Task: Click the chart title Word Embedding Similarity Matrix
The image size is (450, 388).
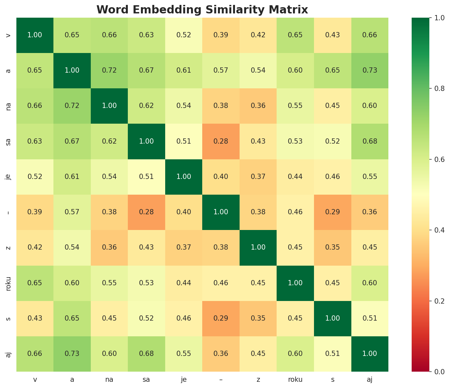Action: click(202, 9)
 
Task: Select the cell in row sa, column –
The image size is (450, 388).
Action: click(221, 141)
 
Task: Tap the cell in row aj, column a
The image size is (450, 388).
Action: click(72, 354)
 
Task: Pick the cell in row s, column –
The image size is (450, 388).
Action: click(221, 318)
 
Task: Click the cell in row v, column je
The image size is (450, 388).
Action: click(184, 35)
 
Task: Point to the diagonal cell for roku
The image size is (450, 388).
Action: click(295, 283)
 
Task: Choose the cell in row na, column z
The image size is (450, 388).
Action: click(258, 106)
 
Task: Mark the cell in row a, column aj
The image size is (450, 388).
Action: click(370, 70)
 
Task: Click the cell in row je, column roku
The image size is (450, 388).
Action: click(295, 177)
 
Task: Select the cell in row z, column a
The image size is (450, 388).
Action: click(72, 247)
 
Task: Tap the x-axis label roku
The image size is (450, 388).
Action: click(295, 379)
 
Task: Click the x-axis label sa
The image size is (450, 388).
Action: click(147, 379)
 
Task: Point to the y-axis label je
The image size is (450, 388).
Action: click(9, 177)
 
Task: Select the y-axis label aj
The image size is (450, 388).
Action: click(9, 354)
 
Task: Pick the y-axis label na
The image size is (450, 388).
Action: click(9, 106)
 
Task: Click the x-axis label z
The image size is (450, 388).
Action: click(258, 379)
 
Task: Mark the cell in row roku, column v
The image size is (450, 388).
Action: click(35, 283)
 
